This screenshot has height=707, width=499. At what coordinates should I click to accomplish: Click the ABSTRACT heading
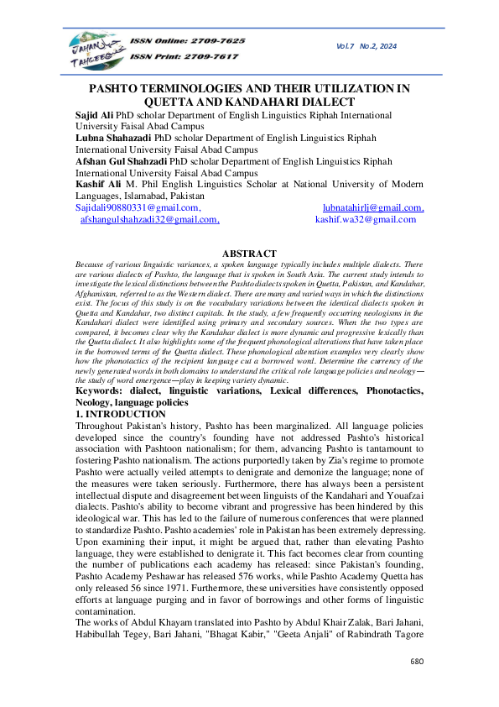point(249,254)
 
